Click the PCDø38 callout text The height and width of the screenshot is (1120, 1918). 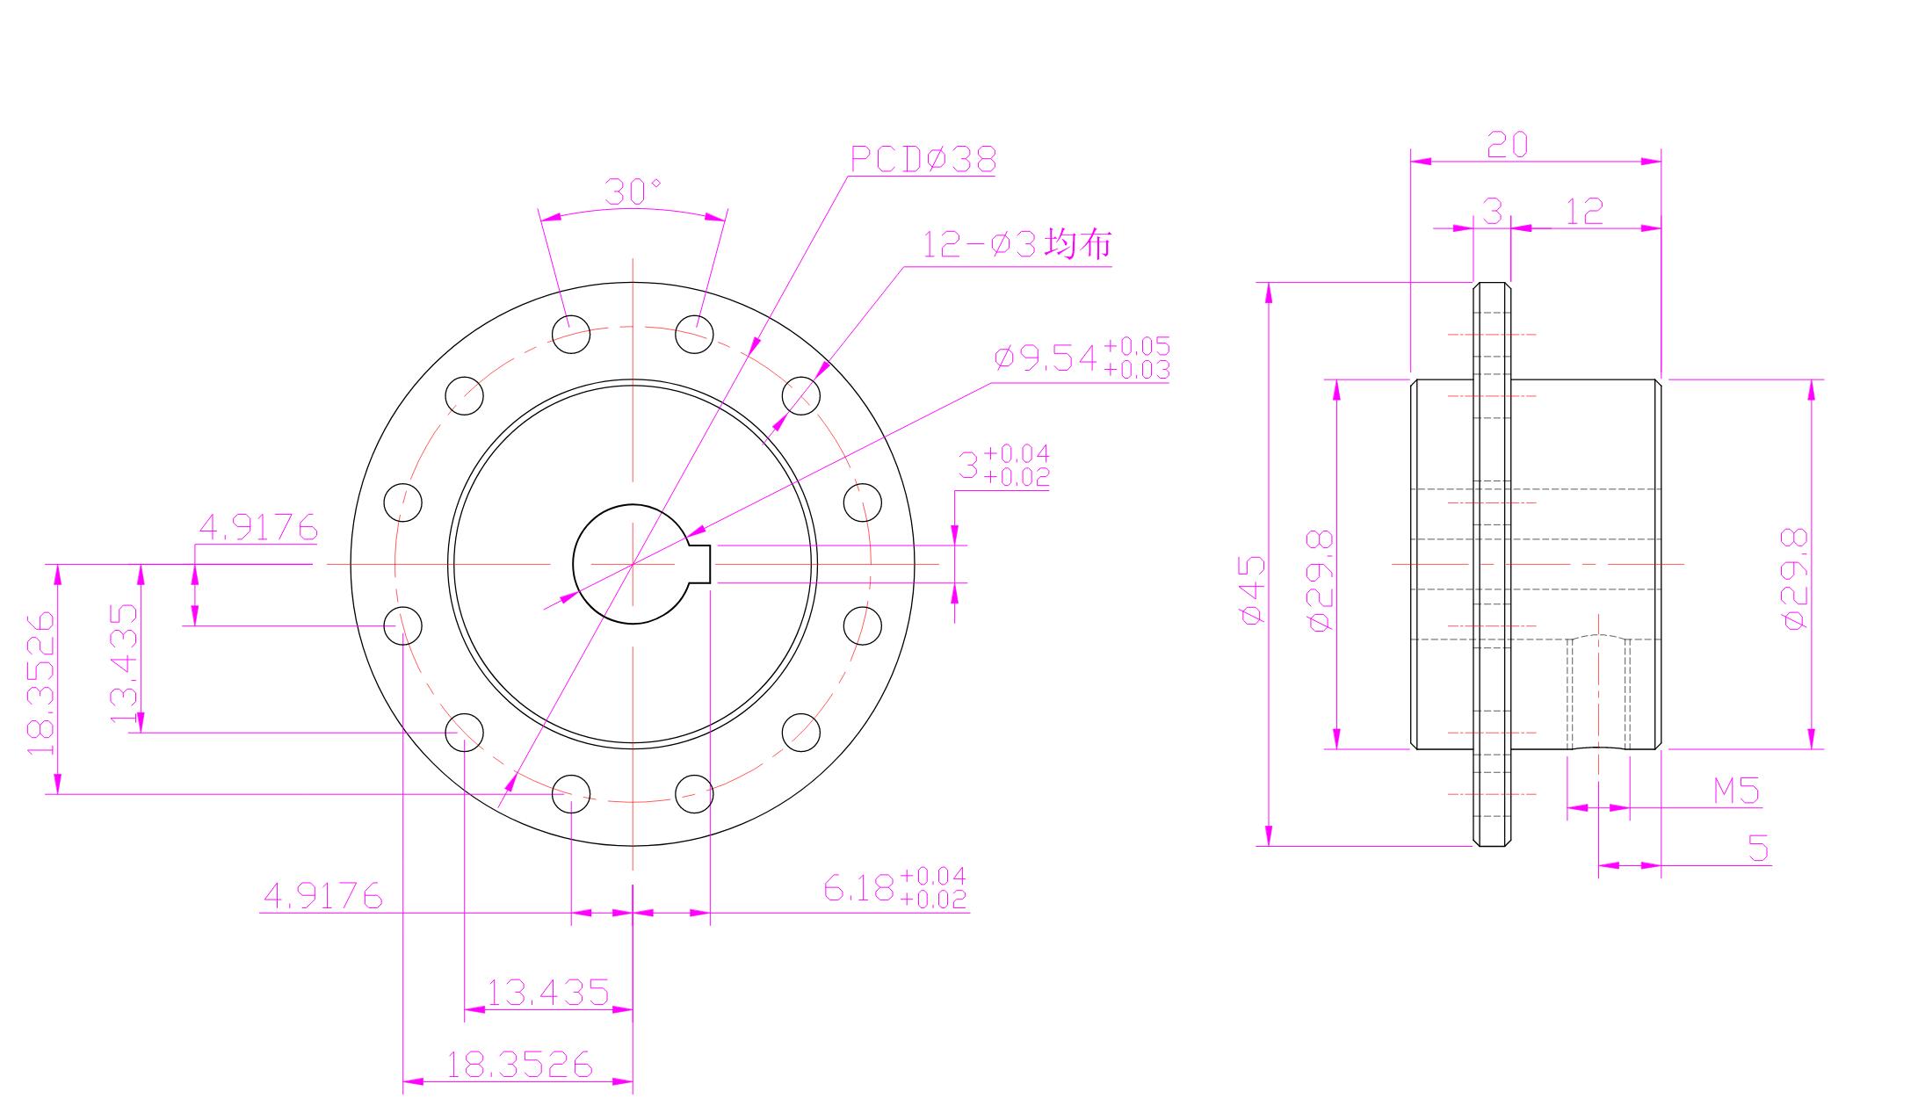pyautogui.click(x=923, y=160)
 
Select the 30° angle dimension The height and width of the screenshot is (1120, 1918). pyautogui.click(x=633, y=192)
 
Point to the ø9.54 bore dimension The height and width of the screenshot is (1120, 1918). pyautogui.click(x=1082, y=358)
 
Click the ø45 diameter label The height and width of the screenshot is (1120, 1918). pyautogui.click(x=1252, y=589)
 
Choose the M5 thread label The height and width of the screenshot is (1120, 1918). pyautogui.click(x=1737, y=791)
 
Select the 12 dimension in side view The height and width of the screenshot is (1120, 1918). pyautogui.click(x=1584, y=212)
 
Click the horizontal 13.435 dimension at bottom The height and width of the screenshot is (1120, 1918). pyautogui.click(x=547, y=993)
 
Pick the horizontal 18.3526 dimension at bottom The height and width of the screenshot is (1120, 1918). pyautogui.click(x=519, y=1065)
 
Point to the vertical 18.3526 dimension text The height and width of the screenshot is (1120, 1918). pyautogui.click(x=42, y=683)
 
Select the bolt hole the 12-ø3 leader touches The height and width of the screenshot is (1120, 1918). pyautogui.click(x=800, y=395)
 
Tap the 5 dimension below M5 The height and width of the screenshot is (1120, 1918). pyautogui.click(x=1758, y=849)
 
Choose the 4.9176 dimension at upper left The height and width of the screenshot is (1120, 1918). pyautogui.click(x=257, y=527)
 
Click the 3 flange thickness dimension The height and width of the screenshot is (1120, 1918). pyautogui.click(x=1492, y=212)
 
